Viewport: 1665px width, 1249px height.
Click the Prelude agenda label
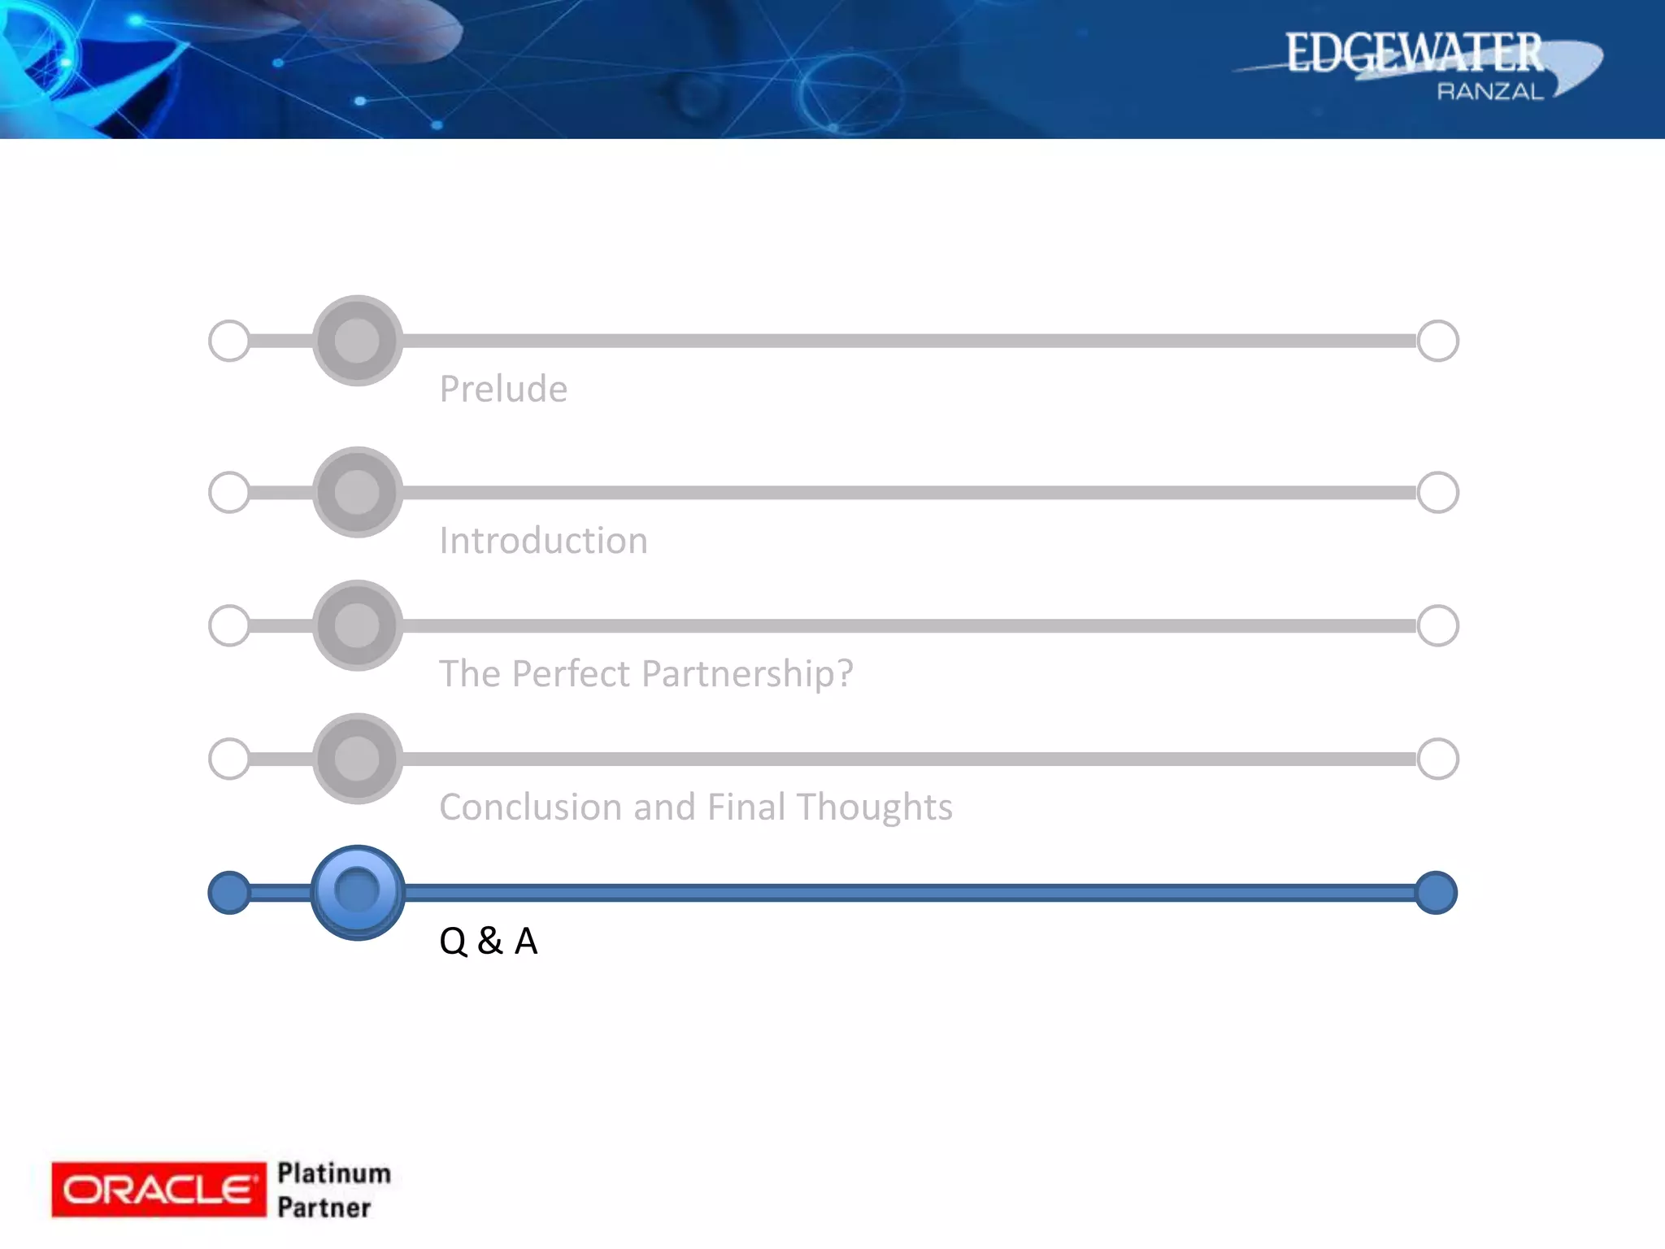[503, 389]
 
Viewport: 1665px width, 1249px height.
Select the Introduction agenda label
[543, 541]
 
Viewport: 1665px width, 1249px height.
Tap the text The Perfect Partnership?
[646, 674]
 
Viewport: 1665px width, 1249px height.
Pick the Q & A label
[488, 941]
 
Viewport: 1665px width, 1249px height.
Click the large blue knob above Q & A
[357, 892]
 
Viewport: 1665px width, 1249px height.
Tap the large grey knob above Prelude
[357, 341]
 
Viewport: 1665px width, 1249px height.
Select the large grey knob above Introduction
[357, 493]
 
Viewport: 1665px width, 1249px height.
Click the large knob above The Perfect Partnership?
[357, 626]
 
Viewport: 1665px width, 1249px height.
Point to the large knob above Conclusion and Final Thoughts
[357, 759]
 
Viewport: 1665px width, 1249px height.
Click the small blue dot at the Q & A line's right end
[1436, 893]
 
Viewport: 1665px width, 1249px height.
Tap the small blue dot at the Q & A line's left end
[229, 893]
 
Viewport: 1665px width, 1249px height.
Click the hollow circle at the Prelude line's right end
[1437, 341]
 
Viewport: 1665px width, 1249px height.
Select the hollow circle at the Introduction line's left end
[229, 493]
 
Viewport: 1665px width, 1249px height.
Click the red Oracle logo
[159, 1190]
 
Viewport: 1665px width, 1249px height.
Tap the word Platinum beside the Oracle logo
[334, 1173]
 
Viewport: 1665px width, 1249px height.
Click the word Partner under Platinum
[324, 1208]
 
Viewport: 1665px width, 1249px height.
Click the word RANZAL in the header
[1489, 92]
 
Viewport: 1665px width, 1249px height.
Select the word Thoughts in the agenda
[874, 807]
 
